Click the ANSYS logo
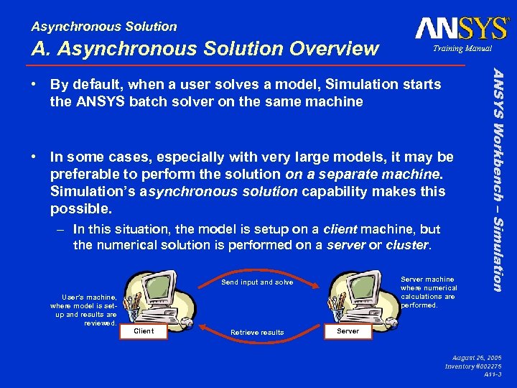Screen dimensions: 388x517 pos(461,28)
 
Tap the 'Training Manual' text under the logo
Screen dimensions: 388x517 pos(462,49)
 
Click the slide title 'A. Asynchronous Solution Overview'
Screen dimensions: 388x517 pos(205,48)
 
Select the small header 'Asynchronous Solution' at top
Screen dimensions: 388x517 pos(104,27)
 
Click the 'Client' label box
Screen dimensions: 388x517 pos(144,331)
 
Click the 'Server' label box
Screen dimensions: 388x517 pos(348,331)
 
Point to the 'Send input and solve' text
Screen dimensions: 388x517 pos(257,282)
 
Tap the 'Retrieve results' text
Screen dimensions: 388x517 pos(256,333)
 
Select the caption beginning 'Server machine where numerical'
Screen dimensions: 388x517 pos(428,292)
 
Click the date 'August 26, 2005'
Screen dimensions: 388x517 pos(478,357)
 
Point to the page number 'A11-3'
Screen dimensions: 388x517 pos(493,374)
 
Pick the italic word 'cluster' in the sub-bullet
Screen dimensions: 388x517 pos(407,245)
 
